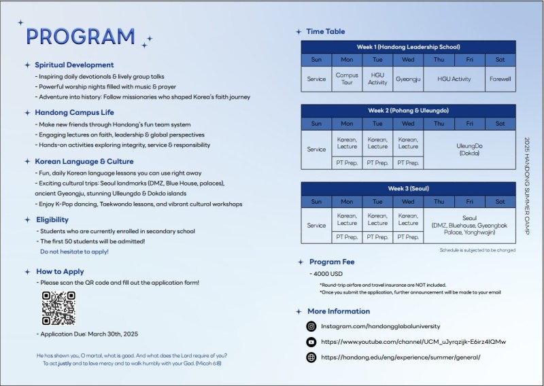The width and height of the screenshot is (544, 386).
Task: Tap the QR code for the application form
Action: [x=58, y=308]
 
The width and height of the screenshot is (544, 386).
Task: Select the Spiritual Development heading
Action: [x=74, y=65]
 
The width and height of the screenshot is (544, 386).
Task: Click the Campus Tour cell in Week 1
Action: [x=347, y=79]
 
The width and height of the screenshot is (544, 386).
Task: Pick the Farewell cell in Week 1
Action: [x=500, y=79]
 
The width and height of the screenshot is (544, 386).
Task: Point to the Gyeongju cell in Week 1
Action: [x=408, y=79]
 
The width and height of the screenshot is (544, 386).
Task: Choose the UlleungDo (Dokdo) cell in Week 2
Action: [x=469, y=150]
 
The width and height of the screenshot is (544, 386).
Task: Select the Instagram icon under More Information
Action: [x=311, y=327]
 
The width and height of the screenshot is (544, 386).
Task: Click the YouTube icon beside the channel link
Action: [x=311, y=342]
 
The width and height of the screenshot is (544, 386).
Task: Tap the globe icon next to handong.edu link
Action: [x=311, y=357]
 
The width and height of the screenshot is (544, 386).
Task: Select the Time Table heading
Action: [x=325, y=31]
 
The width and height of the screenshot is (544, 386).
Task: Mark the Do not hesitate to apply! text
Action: [x=74, y=251]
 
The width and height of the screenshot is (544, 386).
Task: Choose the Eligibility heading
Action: [x=52, y=220]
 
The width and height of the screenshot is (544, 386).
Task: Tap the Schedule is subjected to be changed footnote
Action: [x=477, y=251]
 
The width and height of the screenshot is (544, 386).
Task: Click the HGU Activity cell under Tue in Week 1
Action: [x=377, y=79]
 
